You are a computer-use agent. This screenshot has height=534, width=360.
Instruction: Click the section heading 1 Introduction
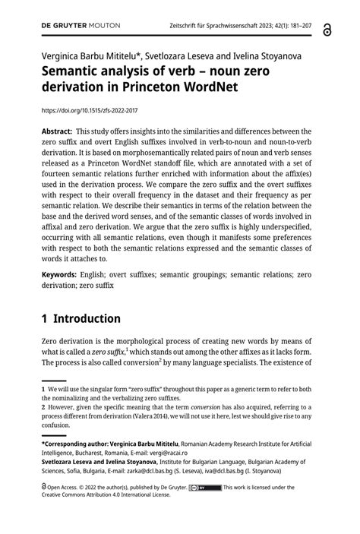coord(81,318)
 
